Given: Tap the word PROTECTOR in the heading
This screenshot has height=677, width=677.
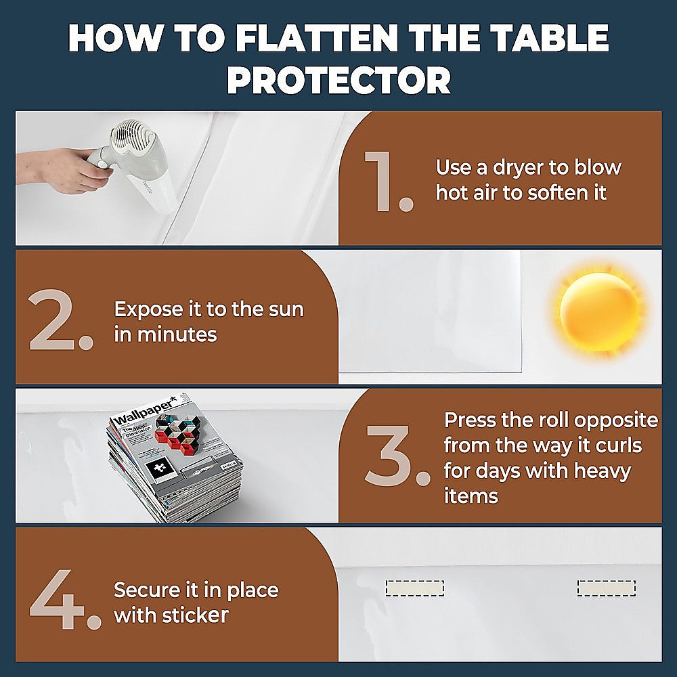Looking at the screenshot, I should (338, 81).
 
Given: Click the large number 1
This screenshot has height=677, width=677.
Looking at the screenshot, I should (387, 181).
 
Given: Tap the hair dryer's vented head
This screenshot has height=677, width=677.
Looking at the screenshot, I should (136, 139).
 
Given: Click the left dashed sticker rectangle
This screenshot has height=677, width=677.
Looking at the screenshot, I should (414, 588).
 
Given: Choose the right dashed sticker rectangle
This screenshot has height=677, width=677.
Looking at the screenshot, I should (606, 588).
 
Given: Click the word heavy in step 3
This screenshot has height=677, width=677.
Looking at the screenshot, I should (593, 471).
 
